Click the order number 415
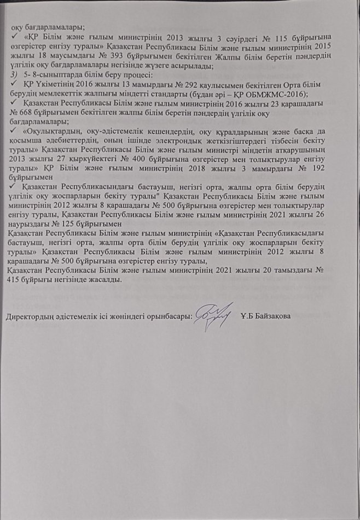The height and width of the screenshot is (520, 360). click(13, 279)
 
